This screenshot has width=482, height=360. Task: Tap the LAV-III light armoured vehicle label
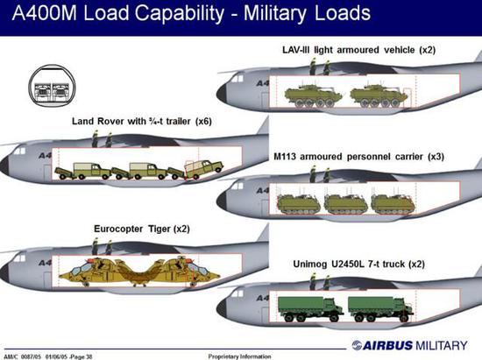click(358, 50)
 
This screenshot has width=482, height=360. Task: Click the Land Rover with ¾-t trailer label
click(142, 122)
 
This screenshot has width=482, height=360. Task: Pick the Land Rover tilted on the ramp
click(203, 169)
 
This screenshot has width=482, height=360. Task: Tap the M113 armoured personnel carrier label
click(358, 157)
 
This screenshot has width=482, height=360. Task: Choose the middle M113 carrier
click(346, 203)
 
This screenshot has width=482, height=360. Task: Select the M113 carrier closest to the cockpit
click(298, 203)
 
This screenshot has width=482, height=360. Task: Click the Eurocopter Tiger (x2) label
click(142, 229)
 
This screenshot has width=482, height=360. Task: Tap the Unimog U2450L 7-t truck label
click(358, 265)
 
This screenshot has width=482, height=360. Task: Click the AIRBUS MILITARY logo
click(409, 345)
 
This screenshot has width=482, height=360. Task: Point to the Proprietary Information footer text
click(239, 356)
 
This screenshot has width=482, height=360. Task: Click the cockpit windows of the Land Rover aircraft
click(19, 152)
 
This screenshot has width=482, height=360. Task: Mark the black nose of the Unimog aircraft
click(222, 308)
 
